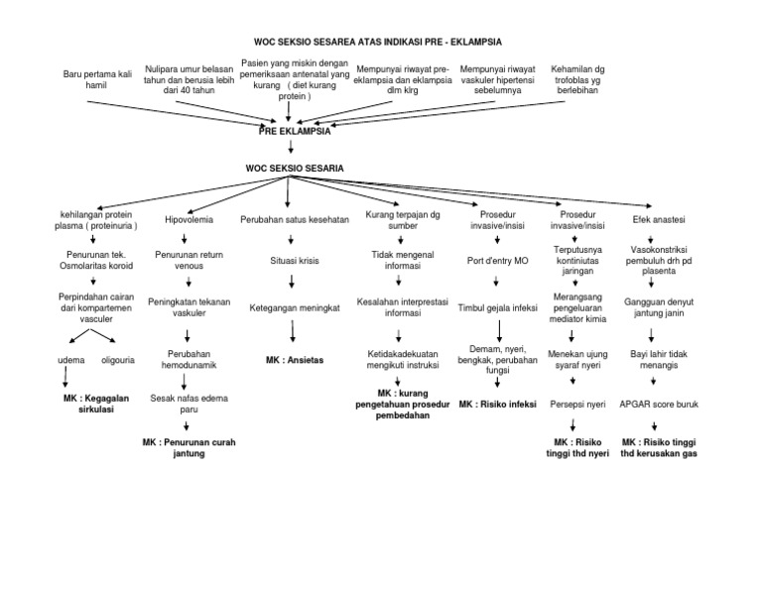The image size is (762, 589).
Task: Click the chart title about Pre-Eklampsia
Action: tap(378, 42)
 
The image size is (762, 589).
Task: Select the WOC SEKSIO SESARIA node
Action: tap(295, 169)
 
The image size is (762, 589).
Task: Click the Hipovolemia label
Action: tap(188, 219)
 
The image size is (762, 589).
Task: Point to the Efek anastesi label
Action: tap(652, 219)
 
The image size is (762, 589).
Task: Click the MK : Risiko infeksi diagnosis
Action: tap(498, 405)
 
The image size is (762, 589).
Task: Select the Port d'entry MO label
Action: tap(498, 262)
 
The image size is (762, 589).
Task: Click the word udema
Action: tap(68, 358)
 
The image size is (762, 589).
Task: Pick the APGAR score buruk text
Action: tap(652, 405)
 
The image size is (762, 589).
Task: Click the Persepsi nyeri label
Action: tap(577, 405)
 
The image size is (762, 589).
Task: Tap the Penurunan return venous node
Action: tap(187, 260)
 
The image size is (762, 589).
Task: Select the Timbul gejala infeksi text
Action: tap(498, 307)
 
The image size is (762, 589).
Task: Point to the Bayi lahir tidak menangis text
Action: tap(652, 358)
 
